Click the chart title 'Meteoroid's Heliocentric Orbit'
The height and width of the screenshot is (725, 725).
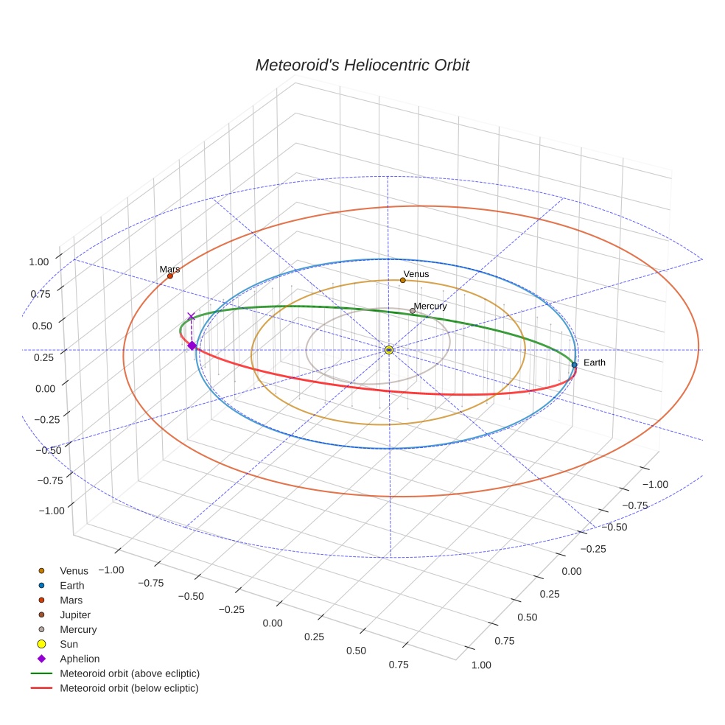[362, 65]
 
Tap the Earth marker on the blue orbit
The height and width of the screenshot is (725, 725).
[574, 365]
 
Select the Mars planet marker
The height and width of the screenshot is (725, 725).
[170, 276]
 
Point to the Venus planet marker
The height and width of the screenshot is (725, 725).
[402, 280]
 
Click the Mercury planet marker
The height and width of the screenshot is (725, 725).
[412, 311]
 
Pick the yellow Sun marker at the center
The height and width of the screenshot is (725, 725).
[388, 350]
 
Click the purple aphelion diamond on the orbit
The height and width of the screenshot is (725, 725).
[192, 346]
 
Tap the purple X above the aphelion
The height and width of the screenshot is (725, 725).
[191, 317]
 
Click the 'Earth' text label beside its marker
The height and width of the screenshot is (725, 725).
[594, 362]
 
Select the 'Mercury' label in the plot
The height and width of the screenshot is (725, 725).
[430, 306]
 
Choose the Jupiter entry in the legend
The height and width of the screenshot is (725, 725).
[75, 614]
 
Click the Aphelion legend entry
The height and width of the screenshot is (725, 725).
[80, 659]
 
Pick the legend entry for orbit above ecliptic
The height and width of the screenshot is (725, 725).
[130, 673]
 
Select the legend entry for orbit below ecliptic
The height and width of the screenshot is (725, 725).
[129, 688]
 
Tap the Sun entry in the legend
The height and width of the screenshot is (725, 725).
[69, 644]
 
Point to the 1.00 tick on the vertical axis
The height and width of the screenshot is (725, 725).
[39, 261]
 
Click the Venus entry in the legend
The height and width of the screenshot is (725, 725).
[74, 570]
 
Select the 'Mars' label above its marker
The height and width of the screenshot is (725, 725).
[169, 270]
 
